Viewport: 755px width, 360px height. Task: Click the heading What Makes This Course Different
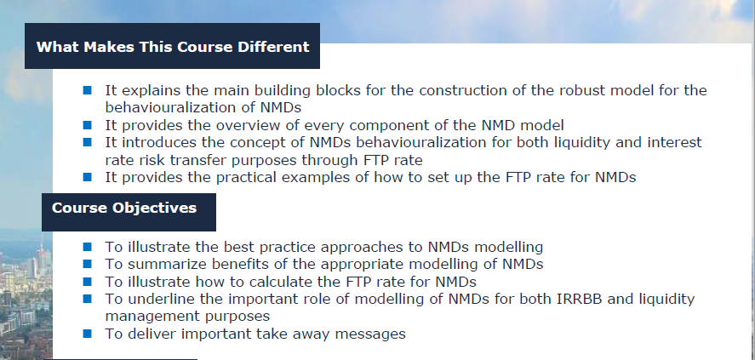(172, 47)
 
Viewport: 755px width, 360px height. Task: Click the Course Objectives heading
(124, 208)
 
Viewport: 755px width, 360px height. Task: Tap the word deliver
(150, 334)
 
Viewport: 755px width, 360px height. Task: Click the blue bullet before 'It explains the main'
(88, 90)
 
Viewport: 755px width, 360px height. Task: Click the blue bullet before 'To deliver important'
(88, 334)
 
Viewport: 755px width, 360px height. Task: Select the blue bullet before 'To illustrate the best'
(88, 247)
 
